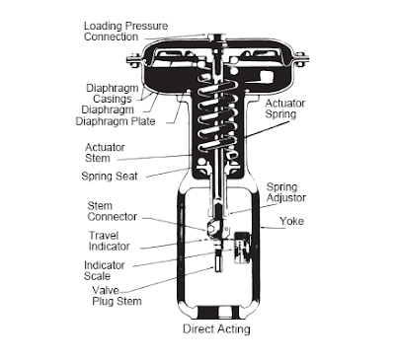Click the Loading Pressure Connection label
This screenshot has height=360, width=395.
tap(125, 32)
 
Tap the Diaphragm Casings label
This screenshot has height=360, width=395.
tap(113, 94)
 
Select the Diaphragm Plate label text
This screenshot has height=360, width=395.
tap(116, 121)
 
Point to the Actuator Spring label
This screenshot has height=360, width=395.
tap(285, 108)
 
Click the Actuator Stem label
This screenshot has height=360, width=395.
tap(105, 153)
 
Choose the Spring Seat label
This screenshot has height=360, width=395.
tap(110, 177)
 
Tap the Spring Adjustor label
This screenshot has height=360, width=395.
tap(286, 192)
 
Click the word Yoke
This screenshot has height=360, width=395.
tap(291, 221)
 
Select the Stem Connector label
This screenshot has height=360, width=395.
tap(112, 211)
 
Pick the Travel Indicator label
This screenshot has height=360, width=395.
tap(109, 241)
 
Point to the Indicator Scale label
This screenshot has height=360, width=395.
tap(105, 270)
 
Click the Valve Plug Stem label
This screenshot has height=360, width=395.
tap(117, 296)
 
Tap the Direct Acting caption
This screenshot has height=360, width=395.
tap(216, 329)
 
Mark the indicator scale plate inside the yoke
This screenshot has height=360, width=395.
tap(242, 248)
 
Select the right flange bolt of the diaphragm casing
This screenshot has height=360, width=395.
tap(299, 60)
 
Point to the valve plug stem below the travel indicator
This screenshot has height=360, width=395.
tap(218, 260)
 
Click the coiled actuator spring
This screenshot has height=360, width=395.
tap(217, 115)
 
